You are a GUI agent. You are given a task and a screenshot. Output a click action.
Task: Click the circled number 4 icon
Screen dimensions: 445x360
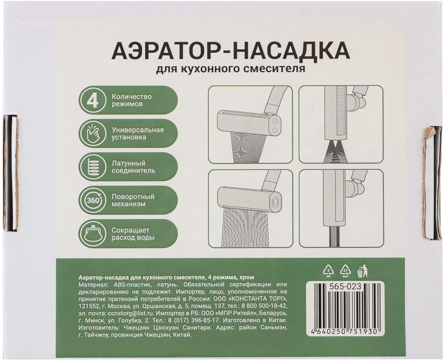pyautogui.click(x=93, y=100)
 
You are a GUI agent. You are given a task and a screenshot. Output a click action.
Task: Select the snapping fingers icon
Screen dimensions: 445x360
pyautogui.click(x=93, y=134)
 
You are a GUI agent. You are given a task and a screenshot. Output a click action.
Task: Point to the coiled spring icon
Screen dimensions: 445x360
pyautogui.click(x=93, y=166)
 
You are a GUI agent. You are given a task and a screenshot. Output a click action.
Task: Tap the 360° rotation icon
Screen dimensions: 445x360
pyautogui.click(x=93, y=200)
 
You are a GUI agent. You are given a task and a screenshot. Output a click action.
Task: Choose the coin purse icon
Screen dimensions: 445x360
pyautogui.click(x=93, y=233)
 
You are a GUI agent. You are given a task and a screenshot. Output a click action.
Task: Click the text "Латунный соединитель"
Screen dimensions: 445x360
pyautogui.click(x=133, y=166)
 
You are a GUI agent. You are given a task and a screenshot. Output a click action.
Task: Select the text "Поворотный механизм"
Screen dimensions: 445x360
pyautogui.click(x=133, y=200)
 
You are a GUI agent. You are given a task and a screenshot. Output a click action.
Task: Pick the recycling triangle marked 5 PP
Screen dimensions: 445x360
pyautogui.click(x=329, y=270)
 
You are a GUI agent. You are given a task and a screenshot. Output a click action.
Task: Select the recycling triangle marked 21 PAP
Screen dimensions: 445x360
pyautogui.click(x=346, y=270)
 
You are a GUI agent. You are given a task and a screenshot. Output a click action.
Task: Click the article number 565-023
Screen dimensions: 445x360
pyautogui.click(x=345, y=287)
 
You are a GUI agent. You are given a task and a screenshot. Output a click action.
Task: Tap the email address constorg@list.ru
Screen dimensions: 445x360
pyautogui.click(x=130, y=314)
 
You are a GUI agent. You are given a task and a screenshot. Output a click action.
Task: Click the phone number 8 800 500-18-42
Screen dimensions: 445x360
pyautogui.click(x=265, y=306)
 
